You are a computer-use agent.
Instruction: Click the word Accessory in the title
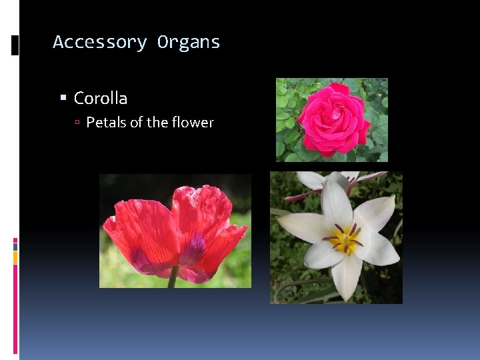pos(99,42)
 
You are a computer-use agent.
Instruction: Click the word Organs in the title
pos(189,42)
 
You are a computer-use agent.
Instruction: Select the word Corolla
pos(101,98)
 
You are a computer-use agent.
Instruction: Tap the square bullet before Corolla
pos(63,98)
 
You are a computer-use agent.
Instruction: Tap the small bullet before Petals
pos(77,123)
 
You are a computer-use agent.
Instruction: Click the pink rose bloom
pos(332,119)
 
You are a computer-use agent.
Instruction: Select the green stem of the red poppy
pos(173,277)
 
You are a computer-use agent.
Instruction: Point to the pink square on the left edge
pos(15,241)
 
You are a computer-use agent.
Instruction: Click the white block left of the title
pos(15,45)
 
